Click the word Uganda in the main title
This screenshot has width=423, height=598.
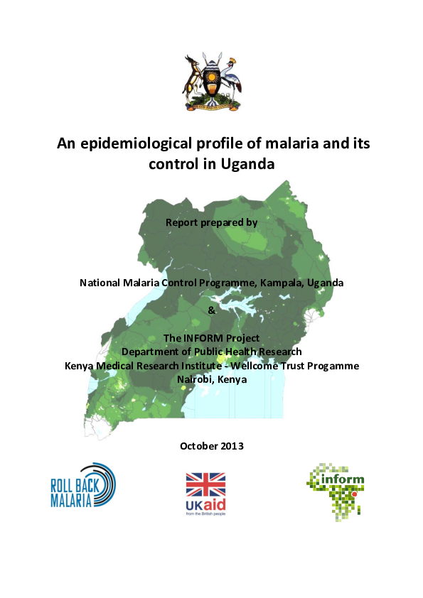pyautogui.click(x=248, y=165)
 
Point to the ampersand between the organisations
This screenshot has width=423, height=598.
pyautogui.click(x=211, y=310)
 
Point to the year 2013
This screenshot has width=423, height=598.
pyautogui.click(x=231, y=446)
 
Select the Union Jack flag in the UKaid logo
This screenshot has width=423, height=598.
pyautogui.click(x=205, y=484)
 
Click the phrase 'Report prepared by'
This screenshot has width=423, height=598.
pyautogui.click(x=211, y=223)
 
